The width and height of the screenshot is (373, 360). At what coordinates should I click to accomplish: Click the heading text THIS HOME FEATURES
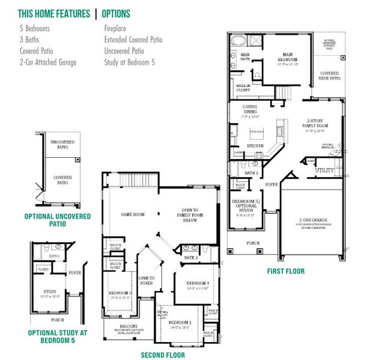[53, 13]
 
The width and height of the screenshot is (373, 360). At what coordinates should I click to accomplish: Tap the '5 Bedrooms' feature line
[34, 28]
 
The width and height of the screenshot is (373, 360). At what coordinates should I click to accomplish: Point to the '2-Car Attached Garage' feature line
[48, 62]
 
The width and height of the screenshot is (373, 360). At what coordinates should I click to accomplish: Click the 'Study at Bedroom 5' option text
[129, 62]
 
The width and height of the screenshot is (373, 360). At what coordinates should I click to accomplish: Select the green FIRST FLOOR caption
[285, 271]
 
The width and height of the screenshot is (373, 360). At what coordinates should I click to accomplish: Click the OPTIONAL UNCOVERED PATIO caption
[58, 220]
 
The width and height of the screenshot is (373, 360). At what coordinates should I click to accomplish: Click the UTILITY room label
[325, 170]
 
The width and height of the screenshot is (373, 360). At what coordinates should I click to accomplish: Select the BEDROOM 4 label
[197, 283]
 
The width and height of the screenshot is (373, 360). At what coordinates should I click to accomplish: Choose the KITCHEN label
[255, 146]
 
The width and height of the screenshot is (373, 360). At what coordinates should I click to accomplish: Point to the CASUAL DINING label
[250, 109]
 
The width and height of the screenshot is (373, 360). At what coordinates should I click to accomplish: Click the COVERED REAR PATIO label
[329, 76]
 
